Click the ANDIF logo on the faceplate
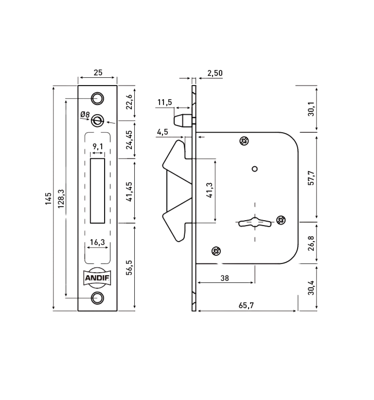click(x=97, y=278)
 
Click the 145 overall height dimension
click(x=48, y=198)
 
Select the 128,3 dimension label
click(x=61, y=198)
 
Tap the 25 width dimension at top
click(x=98, y=73)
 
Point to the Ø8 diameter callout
click(x=85, y=115)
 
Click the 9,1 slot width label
click(x=98, y=146)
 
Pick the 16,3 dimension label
click(x=97, y=242)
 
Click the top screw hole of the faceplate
click(x=97, y=98)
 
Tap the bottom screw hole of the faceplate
click(x=97, y=298)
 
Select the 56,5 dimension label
click(x=129, y=267)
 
